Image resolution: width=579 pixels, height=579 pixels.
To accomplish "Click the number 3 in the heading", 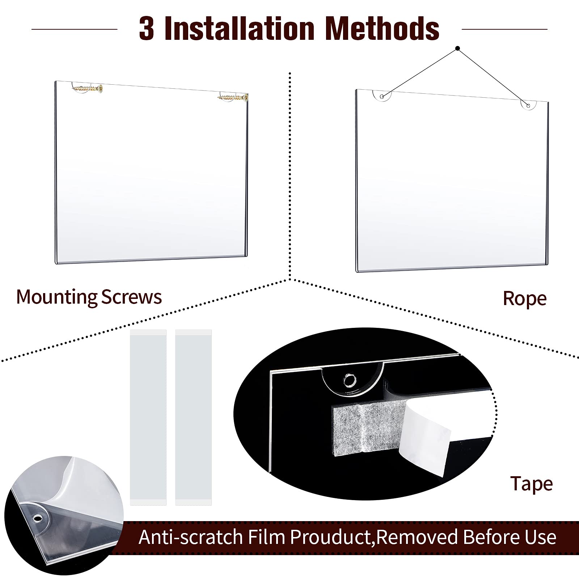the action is (x=147, y=29).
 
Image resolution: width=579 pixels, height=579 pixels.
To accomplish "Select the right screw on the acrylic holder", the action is (x=233, y=97).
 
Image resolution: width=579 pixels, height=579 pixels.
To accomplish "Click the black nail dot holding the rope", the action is (x=457, y=48).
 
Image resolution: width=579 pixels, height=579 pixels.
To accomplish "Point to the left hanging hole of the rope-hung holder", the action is (x=382, y=96).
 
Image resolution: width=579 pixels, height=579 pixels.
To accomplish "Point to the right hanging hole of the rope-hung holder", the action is (x=528, y=106).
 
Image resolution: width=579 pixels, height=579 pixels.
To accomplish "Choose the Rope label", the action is (x=524, y=299).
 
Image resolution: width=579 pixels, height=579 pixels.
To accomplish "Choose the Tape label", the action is (x=531, y=483).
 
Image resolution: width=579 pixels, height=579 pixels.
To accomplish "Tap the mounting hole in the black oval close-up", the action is (x=350, y=381).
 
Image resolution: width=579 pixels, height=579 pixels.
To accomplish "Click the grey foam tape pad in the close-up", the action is (x=365, y=429).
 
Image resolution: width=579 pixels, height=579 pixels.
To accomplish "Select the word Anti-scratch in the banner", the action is (x=190, y=537).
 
